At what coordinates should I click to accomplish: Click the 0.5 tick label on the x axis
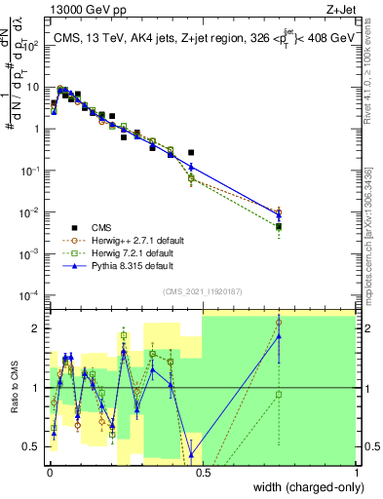[x=202, y=474]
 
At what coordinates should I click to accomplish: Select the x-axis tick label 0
[x=48, y=474]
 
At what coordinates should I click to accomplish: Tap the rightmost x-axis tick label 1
[x=356, y=474]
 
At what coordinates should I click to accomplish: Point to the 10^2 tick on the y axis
[x=33, y=45]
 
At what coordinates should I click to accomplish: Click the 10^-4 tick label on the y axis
[x=33, y=295]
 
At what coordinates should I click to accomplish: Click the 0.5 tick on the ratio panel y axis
[x=35, y=446]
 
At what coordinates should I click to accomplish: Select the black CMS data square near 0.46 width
[x=191, y=153]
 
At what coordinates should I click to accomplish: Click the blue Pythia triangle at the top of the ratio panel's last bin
[x=279, y=336]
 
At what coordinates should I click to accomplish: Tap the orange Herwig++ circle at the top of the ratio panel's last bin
[x=279, y=322]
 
